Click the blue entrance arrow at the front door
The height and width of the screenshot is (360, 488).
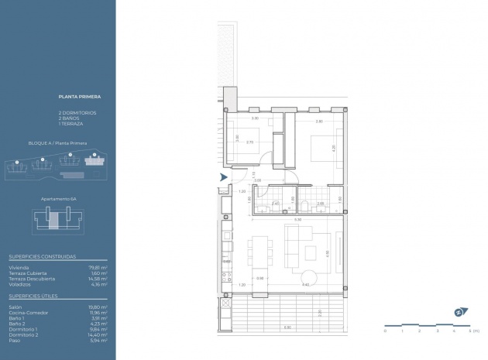tap(223, 177)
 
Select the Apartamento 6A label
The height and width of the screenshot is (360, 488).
tap(58, 198)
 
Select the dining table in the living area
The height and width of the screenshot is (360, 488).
tap(259, 253)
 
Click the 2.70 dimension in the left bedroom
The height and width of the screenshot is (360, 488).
tap(249, 142)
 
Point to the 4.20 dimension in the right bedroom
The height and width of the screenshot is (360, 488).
tap(333, 147)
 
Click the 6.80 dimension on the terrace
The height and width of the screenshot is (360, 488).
tap(287, 327)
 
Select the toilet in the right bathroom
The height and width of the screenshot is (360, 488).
tap(308, 204)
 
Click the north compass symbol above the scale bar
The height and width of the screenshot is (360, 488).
tap(460, 312)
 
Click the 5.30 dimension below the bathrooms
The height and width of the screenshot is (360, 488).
tap(287, 220)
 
